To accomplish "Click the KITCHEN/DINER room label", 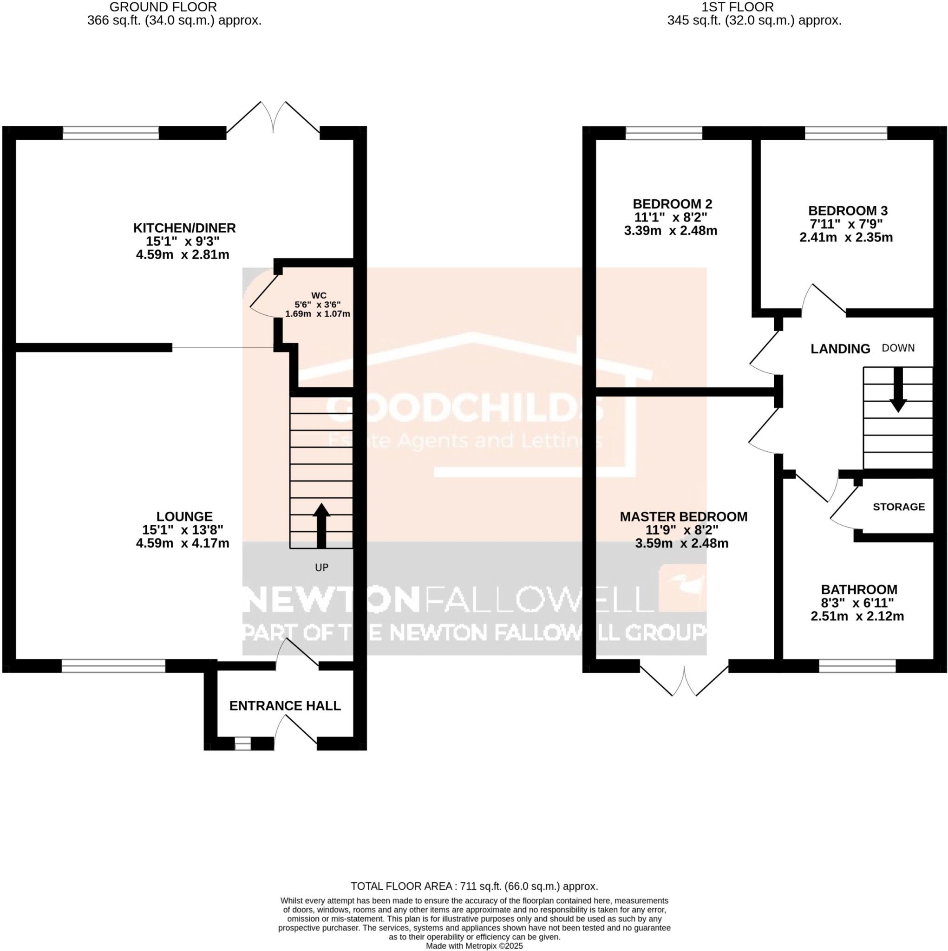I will point(184,228).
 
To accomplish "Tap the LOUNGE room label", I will point(184,516).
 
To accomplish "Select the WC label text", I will point(319,295).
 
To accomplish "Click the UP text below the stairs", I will point(321,567).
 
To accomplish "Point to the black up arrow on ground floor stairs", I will point(321,525).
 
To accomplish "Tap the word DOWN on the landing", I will point(898,348).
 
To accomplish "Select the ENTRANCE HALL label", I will point(285,706).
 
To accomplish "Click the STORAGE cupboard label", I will point(898,507).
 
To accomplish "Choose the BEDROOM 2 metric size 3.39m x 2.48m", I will point(670,230).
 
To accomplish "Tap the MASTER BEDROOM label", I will point(683,516).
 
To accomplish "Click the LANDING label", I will point(840,349).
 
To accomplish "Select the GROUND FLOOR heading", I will point(163,7).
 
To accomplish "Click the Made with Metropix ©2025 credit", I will point(474,945).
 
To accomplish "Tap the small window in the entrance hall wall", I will point(242,743).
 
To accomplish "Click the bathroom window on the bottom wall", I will point(857,666).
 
